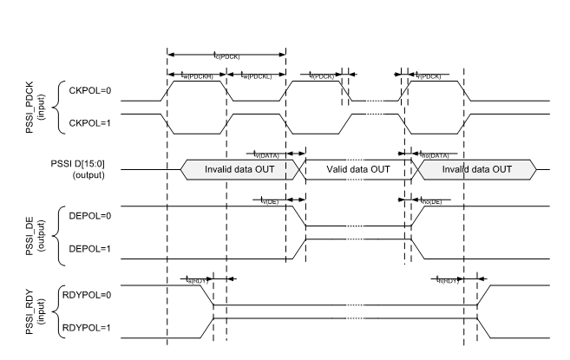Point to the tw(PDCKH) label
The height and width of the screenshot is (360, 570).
tap(195, 76)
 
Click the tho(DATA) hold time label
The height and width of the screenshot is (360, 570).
tap(434, 154)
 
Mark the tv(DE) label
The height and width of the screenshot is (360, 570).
tap(270, 200)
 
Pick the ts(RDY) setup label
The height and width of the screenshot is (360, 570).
tap(196, 279)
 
